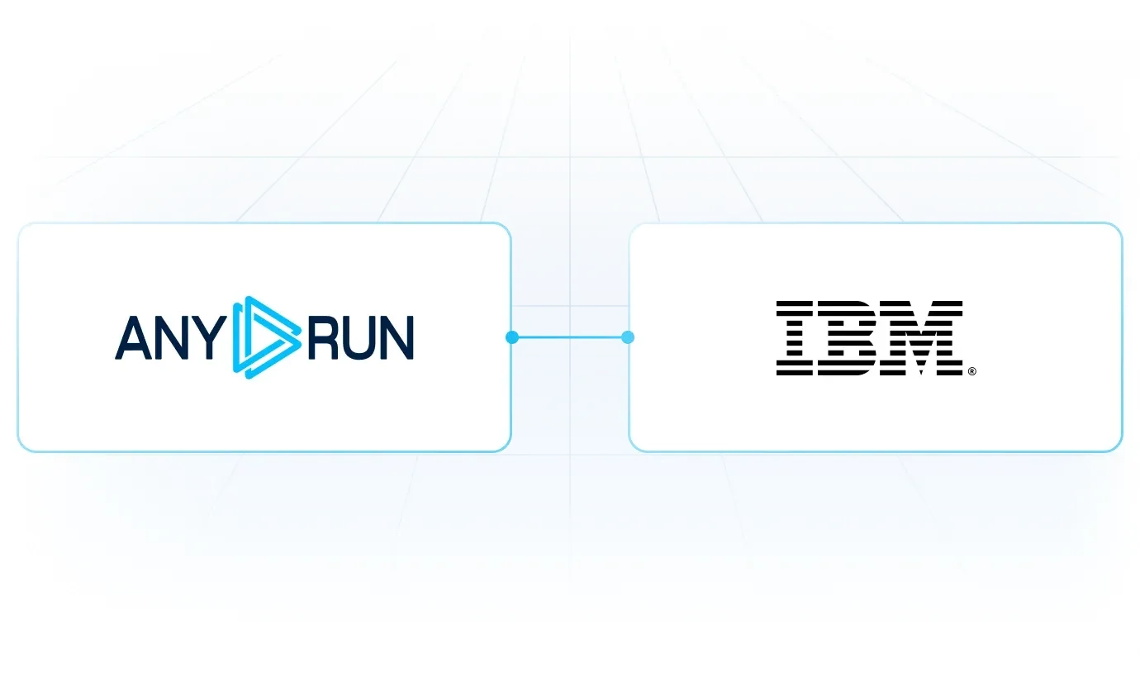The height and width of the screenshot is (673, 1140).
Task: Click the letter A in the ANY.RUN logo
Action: [134, 337]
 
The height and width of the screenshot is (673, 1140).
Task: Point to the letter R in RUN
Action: [324, 337]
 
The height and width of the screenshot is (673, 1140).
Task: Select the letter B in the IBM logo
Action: [852, 338]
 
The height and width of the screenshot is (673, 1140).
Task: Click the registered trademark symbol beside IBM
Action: [972, 371]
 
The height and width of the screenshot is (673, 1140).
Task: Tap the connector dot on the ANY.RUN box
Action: [512, 337]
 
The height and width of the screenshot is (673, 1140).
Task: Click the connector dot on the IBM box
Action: [628, 337]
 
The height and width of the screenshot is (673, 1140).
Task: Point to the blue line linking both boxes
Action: [570, 337]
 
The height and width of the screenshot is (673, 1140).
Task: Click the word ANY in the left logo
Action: [172, 337]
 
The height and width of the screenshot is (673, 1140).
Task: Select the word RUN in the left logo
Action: [361, 338]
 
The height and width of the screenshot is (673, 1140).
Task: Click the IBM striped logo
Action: [870, 338]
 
